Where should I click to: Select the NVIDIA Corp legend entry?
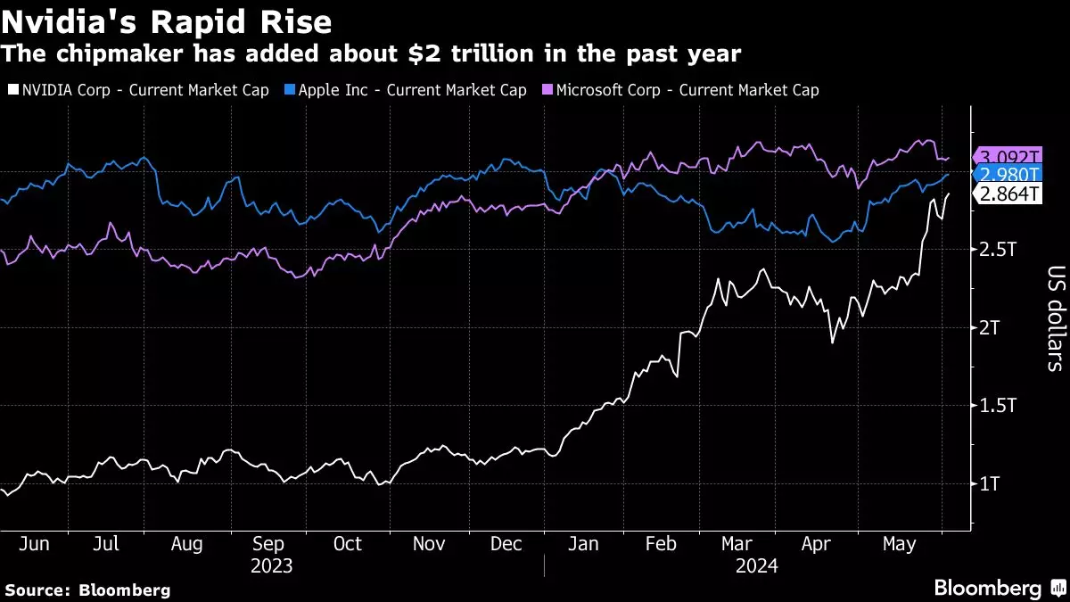coord(138,90)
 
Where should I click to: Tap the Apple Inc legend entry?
coord(405,90)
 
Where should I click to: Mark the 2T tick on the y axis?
coord(991,327)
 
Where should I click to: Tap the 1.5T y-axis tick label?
coord(998,406)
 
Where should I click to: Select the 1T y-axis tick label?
coord(991,483)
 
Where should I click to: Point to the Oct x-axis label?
coord(347,545)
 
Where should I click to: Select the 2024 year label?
coord(756,565)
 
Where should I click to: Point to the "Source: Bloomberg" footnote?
coord(87,590)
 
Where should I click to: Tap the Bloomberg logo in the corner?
coord(999,588)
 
